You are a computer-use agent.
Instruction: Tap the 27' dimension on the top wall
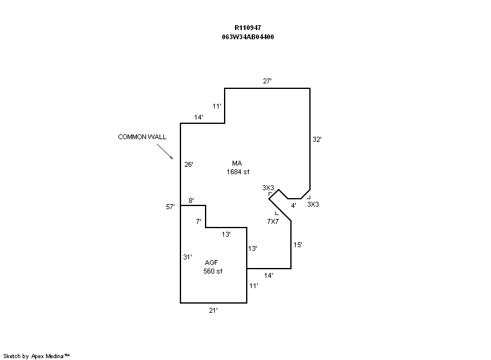[x=267, y=81]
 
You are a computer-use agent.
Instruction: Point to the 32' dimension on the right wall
[x=317, y=139]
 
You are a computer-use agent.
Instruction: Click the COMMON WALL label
[x=142, y=137]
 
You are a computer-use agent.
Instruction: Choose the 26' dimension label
[x=189, y=164]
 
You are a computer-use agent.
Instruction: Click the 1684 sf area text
[x=238, y=172]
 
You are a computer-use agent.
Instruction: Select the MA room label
[x=237, y=163]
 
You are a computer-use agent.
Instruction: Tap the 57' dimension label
[x=171, y=207]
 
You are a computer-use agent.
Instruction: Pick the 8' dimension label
[x=191, y=201]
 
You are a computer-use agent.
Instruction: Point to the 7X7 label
[x=273, y=221]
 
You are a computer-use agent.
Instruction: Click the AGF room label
[x=212, y=262]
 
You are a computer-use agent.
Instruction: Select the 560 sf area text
[x=212, y=271]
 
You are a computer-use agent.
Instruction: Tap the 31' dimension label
[x=188, y=257]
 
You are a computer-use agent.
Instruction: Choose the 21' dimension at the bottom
[x=213, y=311]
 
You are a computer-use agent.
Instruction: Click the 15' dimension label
[x=298, y=245]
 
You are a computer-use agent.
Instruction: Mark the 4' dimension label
[x=294, y=205]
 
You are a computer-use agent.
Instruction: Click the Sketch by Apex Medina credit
[x=36, y=355]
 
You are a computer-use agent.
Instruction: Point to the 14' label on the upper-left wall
[x=198, y=117]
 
